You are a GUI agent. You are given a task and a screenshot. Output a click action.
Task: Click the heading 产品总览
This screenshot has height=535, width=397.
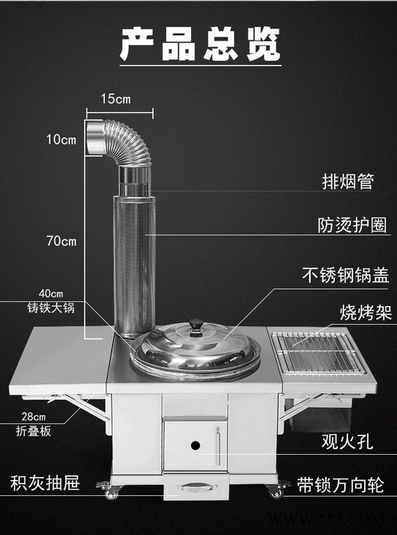[x=200, y=44]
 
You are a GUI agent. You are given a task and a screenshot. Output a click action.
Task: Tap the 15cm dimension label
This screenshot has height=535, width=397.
[x=116, y=99]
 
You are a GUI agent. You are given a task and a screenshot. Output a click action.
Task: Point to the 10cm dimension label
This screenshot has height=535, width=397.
[x=61, y=139]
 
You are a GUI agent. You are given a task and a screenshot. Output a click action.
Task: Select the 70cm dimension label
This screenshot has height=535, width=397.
[x=61, y=242]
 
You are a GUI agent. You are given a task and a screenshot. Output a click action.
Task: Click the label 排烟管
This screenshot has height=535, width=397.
[x=348, y=182]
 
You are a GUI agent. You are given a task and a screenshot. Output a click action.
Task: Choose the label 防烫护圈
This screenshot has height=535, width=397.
[x=353, y=225]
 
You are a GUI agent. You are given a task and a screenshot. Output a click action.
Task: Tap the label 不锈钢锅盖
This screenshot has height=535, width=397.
[x=346, y=275]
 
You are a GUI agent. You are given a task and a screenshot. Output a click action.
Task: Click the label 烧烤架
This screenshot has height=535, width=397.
[x=366, y=313]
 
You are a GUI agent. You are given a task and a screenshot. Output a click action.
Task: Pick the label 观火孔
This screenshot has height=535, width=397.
[x=347, y=442]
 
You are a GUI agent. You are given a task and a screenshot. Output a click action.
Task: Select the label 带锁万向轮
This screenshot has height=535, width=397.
[x=340, y=485]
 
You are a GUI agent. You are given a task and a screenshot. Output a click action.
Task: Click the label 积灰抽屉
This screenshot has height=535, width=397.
[x=45, y=483]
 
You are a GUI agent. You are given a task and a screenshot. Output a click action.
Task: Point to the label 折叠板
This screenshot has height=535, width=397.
[x=34, y=431]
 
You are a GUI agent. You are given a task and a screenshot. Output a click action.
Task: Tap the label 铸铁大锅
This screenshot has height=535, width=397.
[x=50, y=308]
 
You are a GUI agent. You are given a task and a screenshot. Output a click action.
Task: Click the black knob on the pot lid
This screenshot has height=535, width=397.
[x=196, y=327]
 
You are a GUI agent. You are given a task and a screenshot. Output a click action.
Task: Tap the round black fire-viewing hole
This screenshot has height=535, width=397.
[x=195, y=446]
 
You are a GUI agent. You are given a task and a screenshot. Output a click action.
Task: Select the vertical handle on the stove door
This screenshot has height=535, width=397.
[x=218, y=446]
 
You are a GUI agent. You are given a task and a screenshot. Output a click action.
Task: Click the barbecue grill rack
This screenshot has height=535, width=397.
[x=318, y=353]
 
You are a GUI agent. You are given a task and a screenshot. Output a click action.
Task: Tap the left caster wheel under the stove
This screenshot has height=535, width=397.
[x=110, y=491]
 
